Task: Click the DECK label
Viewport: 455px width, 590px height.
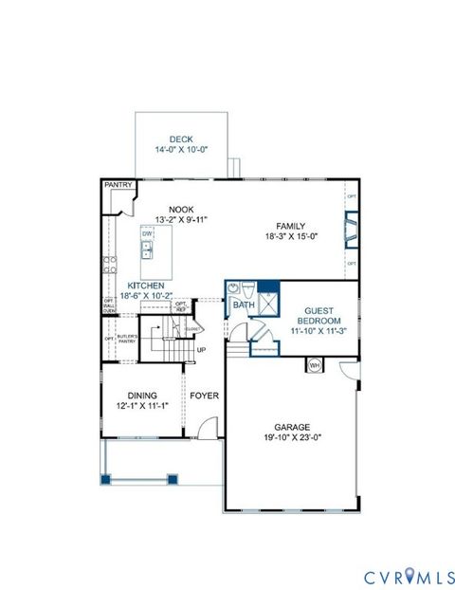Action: pos(180,138)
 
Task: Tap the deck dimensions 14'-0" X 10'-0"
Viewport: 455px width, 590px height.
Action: pos(180,150)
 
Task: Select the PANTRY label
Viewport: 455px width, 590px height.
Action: pos(117,186)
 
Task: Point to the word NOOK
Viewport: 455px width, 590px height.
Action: pos(180,210)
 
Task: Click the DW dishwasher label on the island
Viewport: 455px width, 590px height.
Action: pos(147,233)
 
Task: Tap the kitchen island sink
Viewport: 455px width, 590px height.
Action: pos(147,249)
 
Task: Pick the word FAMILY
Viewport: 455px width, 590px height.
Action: pos(290,227)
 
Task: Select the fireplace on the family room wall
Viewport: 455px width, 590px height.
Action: pos(351,230)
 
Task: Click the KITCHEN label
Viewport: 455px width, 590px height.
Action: pos(142,286)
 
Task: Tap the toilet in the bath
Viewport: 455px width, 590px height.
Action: pos(246,289)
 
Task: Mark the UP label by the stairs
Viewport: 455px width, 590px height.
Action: pos(201,350)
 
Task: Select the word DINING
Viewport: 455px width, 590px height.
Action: pos(142,396)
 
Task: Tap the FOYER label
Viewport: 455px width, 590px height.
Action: pos(204,396)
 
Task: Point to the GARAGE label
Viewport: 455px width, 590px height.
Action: pos(293,427)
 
